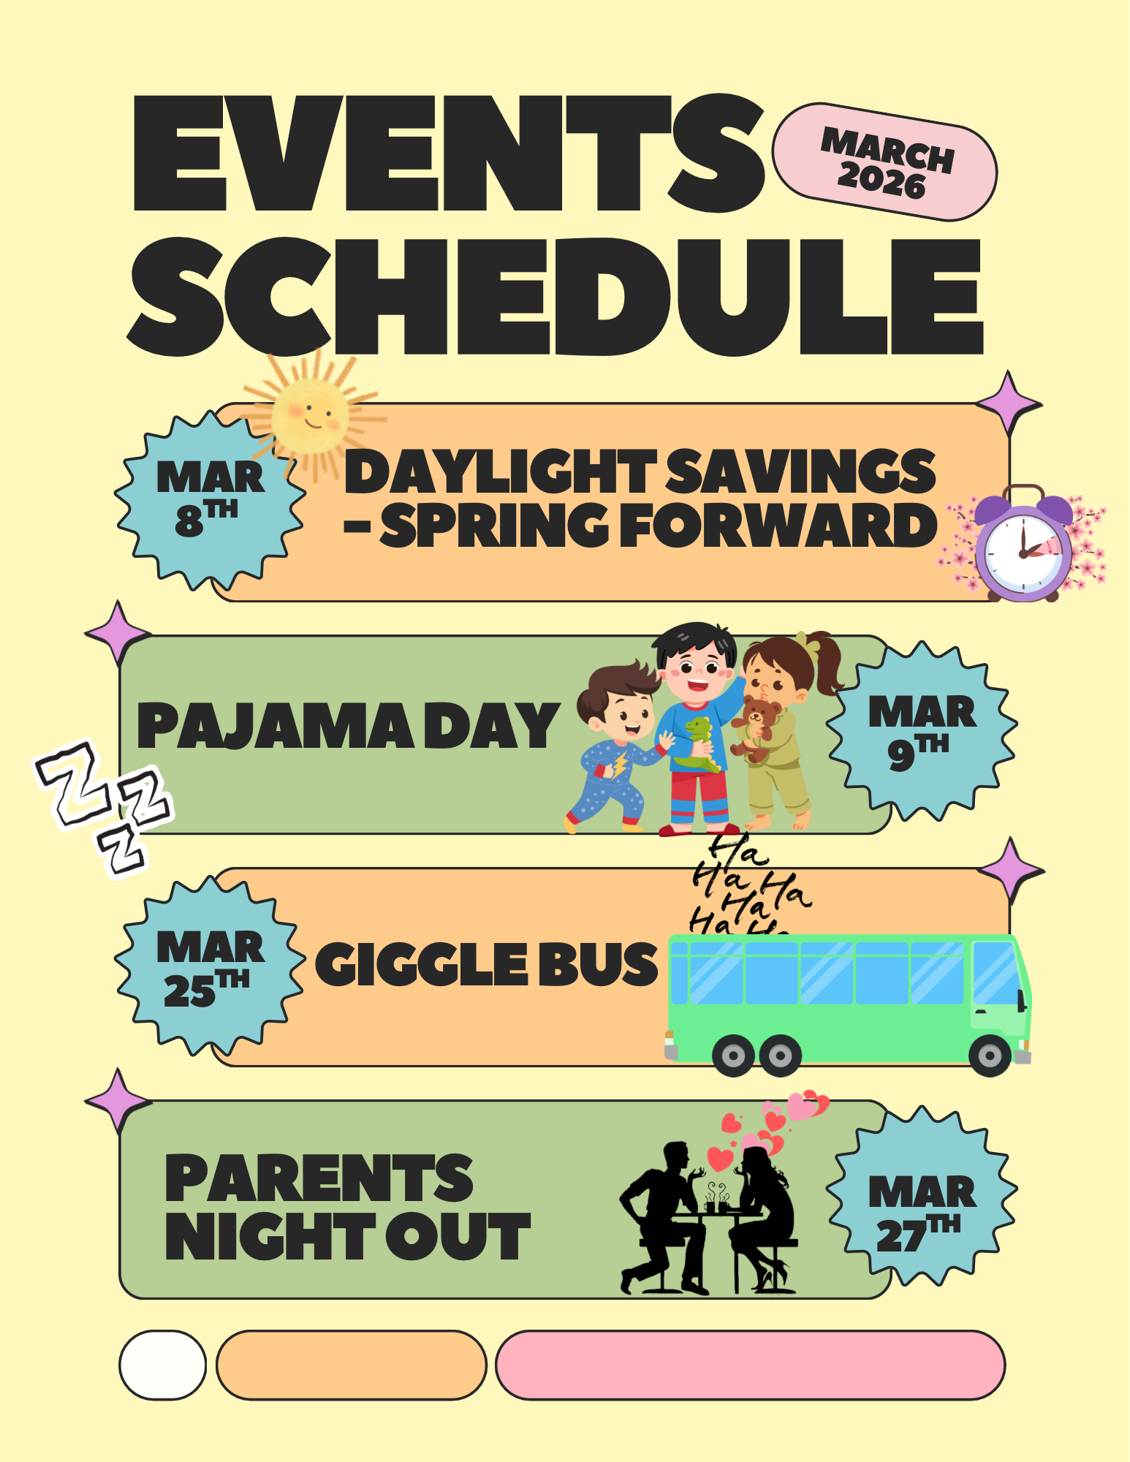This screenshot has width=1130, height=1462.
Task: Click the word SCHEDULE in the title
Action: (x=555, y=296)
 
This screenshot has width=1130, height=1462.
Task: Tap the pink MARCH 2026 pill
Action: (x=885, y=162)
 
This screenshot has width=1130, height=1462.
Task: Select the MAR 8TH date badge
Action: (x=210, y=499)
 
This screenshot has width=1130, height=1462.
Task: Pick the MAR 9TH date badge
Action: (x=922, y=731)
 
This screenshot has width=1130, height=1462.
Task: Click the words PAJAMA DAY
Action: (x=348, y=726)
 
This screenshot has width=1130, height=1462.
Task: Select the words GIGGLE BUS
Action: (x=486, y=963)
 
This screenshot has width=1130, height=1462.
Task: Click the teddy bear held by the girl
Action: (x=756, y=727)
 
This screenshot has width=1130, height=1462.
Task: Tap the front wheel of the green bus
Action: (x=990, y=1056)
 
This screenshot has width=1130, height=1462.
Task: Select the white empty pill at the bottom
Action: (x=163, y=1366)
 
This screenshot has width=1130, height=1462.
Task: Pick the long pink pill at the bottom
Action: (x=751, y=1366)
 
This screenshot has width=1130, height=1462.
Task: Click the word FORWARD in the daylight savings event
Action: (x=778, y=526)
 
